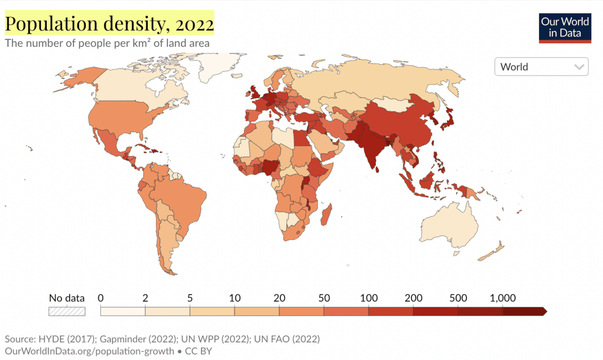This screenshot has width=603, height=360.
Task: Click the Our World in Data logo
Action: coord(564,27)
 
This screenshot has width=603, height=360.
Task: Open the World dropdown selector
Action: coord(541,67)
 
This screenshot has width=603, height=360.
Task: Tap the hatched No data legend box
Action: coord(67,311)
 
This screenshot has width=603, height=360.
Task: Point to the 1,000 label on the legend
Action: coord(502,298)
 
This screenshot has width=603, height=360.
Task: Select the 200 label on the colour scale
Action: coord(413,298)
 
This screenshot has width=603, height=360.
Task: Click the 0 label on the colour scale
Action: coord(101,298)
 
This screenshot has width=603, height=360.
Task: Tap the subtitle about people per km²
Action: coord(107,43)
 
